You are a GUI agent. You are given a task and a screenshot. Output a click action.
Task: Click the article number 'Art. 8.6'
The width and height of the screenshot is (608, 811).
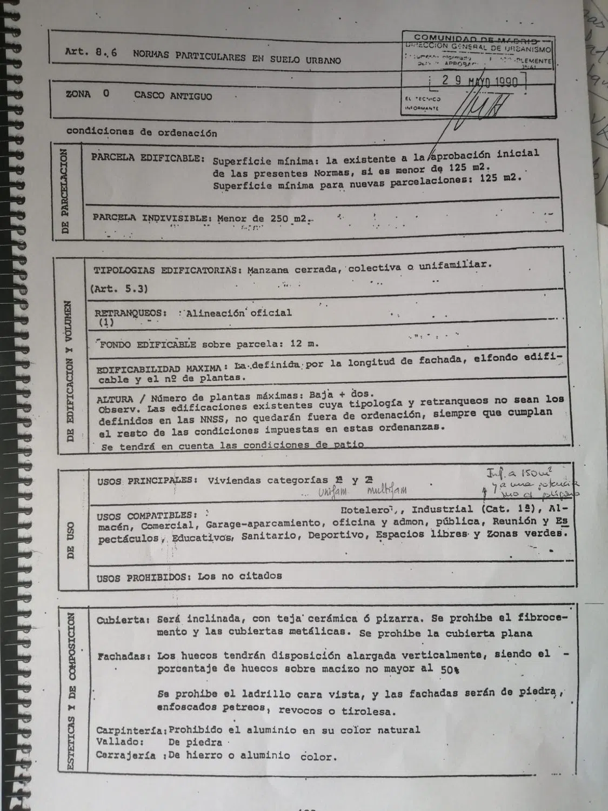pos(91,52)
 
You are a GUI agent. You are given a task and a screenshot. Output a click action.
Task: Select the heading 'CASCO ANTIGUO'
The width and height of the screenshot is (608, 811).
pos(173,96)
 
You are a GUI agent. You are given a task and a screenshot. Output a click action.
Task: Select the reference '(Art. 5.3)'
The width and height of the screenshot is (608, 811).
pos(119,288)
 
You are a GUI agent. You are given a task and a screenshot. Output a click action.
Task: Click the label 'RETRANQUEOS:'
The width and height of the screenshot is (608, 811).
pos(130,313)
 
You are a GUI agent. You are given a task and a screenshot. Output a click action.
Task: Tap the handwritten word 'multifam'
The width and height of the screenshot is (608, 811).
pos(386,490)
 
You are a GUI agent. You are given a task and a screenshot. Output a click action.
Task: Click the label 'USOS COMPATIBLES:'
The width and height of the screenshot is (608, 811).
pos(145,515)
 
